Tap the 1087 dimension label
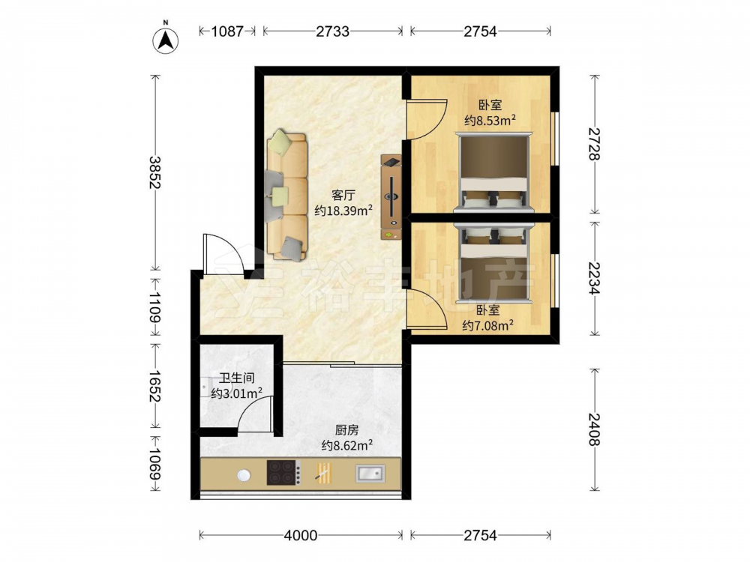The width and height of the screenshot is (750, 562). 227,31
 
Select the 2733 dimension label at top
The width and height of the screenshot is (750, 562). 332,31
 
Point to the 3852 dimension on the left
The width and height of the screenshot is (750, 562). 154,172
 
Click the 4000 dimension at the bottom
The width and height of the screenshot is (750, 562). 301,535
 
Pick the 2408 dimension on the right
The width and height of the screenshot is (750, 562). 595,429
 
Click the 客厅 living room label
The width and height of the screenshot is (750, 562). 343,196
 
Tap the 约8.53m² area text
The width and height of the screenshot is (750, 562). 490,120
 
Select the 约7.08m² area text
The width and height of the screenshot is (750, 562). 488,325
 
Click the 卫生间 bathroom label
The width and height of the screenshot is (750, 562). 237,378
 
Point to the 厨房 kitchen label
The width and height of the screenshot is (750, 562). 346,431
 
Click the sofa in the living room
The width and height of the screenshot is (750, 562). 286,196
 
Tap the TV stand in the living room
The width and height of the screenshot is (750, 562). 391,197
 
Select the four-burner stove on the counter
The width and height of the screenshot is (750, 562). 283,472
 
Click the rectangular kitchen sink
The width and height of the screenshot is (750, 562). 370,473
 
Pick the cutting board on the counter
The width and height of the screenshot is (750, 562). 323,473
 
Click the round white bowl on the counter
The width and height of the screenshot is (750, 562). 244,475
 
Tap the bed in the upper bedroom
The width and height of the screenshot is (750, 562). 493,173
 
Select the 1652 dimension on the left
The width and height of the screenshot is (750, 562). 154,386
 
